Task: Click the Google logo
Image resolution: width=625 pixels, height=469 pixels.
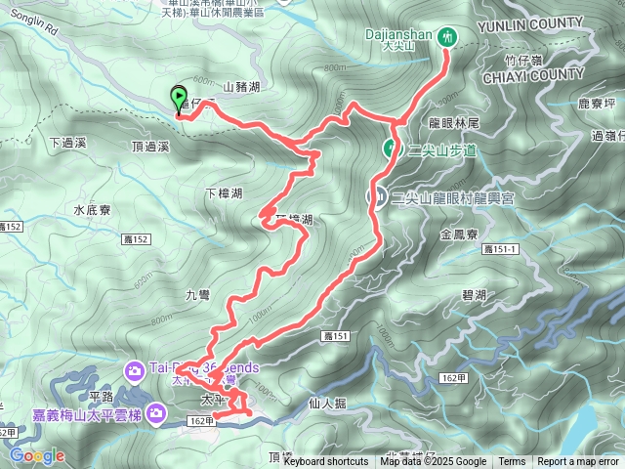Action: tap(36, 455)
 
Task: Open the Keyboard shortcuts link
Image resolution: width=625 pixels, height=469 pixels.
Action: tap(326, 462)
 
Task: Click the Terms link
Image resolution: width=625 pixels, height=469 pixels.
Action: tap(512, 462)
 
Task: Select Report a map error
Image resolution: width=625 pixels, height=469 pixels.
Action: tap(578, 462)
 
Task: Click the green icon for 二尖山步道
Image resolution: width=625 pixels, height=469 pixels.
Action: tap(390, 149)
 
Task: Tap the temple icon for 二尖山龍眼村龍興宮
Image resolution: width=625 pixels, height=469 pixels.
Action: tap(376, 196)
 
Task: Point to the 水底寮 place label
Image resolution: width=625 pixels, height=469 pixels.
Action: tap(94, 210)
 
